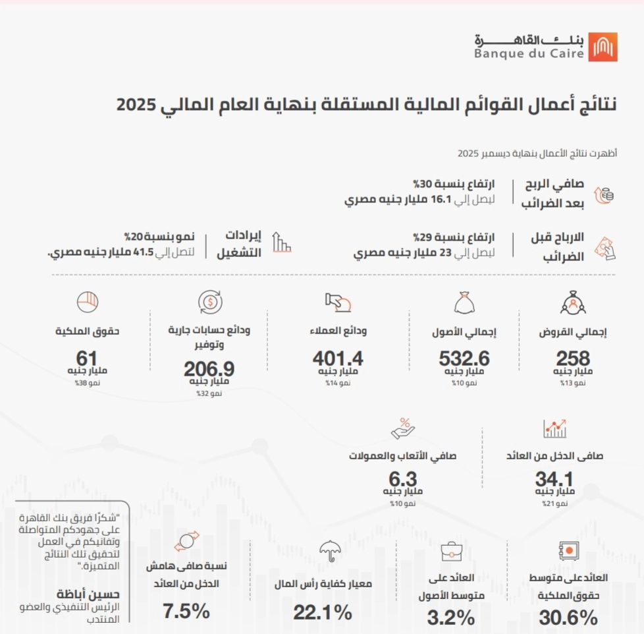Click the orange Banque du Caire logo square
[x=603, y=47]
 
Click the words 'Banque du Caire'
[x=529, y=54]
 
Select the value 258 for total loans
[x=573, y=359]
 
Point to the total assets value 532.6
[x=465, y=359]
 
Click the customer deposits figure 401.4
[x=338, y=359]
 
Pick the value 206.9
[x=209, y=368]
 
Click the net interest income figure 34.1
[x=555, y=478]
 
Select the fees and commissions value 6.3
[x=404, y=478]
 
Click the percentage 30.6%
[x=568, y=618]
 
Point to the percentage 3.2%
[x=451, y=618]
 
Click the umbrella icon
[x=329, y=551]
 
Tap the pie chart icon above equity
[x=87, y=301]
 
